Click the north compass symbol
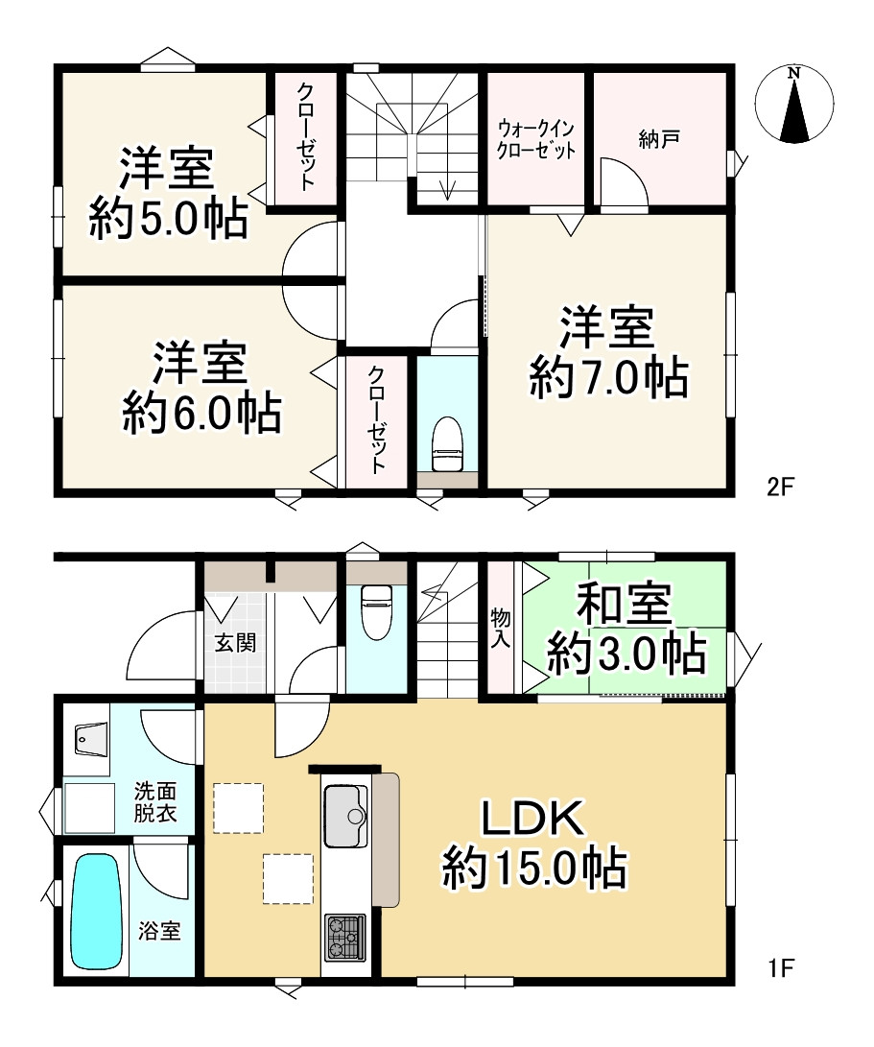click(793, 105)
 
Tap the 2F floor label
click(780, 487)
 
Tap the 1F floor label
click(780, 967)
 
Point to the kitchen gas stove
click(345, 938)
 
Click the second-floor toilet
click(447, 444)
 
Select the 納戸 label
click(659, 139)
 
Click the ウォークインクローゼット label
click(536, 139)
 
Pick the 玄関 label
click(235, 643)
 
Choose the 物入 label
click(501, 628)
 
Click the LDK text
click(533, 818)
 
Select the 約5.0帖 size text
click(169, 218)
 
